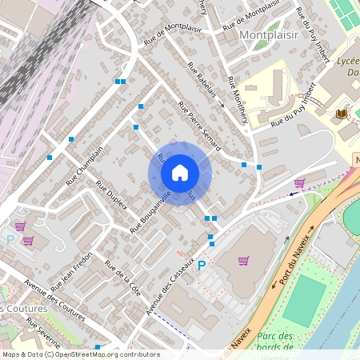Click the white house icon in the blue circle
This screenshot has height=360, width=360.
point(180,173)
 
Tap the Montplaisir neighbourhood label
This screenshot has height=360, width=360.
point(268,36)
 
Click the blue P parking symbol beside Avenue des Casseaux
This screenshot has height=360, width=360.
point(202,266)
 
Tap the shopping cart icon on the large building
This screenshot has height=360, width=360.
point(244,260)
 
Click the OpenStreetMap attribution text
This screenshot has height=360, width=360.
point(80,354)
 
